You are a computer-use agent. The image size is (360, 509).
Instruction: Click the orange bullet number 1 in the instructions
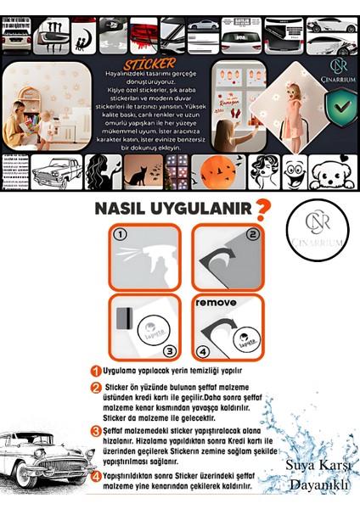coord(96,371)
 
